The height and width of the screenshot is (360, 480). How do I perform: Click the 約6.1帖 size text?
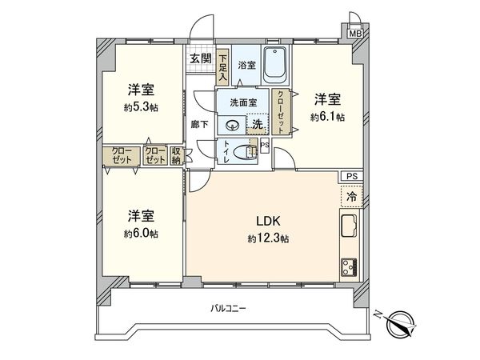[x=327, y=117]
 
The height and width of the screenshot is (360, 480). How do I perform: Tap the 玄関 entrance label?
[x=200, y=58]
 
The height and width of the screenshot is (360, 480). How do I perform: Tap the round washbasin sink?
[x=233, y=124]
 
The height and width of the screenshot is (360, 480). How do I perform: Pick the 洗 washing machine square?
[x=258, y=124]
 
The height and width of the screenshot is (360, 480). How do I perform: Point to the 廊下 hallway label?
[x=201, y=125]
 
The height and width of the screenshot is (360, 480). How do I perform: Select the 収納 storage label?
[x=176, y=155]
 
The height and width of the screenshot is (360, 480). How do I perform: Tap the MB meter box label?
[x=354, y=34]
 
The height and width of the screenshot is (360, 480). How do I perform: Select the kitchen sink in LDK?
[x=350, y=226]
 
